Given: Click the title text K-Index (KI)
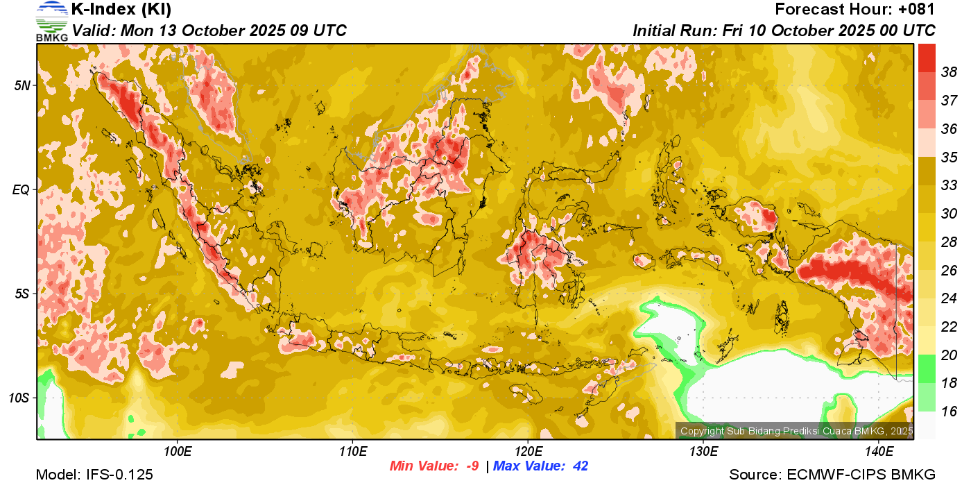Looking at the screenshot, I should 121,10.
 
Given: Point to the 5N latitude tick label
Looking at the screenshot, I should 22,85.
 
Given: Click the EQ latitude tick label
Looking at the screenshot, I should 22,189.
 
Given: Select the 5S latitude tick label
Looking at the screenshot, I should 22,294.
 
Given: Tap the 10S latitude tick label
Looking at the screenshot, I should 19,398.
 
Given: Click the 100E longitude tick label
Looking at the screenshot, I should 178,452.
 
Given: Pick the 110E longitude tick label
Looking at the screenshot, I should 353,452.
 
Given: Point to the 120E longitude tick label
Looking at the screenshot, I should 529,452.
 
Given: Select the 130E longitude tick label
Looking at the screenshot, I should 703,452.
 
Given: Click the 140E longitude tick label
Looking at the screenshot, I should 879,452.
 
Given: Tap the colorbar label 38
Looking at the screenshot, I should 949,72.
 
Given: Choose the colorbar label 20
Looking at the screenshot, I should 949,355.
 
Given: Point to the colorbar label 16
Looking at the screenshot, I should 949,412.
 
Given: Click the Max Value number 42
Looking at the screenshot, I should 581,466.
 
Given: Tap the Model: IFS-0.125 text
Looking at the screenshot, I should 94,475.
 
